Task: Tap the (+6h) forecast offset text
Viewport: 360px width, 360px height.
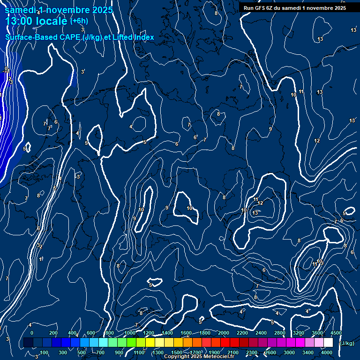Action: coord(78,21)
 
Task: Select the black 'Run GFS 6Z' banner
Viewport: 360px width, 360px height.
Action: coord(295,8)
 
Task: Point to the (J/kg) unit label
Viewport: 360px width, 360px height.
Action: coord(346,343)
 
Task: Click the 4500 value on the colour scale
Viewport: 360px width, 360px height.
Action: coord(336,333)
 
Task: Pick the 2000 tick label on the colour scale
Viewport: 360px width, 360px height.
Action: coord(224,333)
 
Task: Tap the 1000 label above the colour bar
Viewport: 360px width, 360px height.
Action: coord(130,333)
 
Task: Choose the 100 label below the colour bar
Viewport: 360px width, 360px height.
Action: coord(44,352)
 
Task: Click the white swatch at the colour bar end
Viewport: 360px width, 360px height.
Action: coord(329,343)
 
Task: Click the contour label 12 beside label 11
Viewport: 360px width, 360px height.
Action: coord(260,203)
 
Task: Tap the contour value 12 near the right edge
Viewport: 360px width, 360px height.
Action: coord(317,141)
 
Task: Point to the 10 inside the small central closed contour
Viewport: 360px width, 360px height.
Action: coord(189,208)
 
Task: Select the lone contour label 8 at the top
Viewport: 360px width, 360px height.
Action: coord(216,13)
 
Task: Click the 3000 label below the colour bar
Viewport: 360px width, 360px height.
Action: coord(289,352)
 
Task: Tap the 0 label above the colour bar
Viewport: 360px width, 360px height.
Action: coord(32,333)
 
